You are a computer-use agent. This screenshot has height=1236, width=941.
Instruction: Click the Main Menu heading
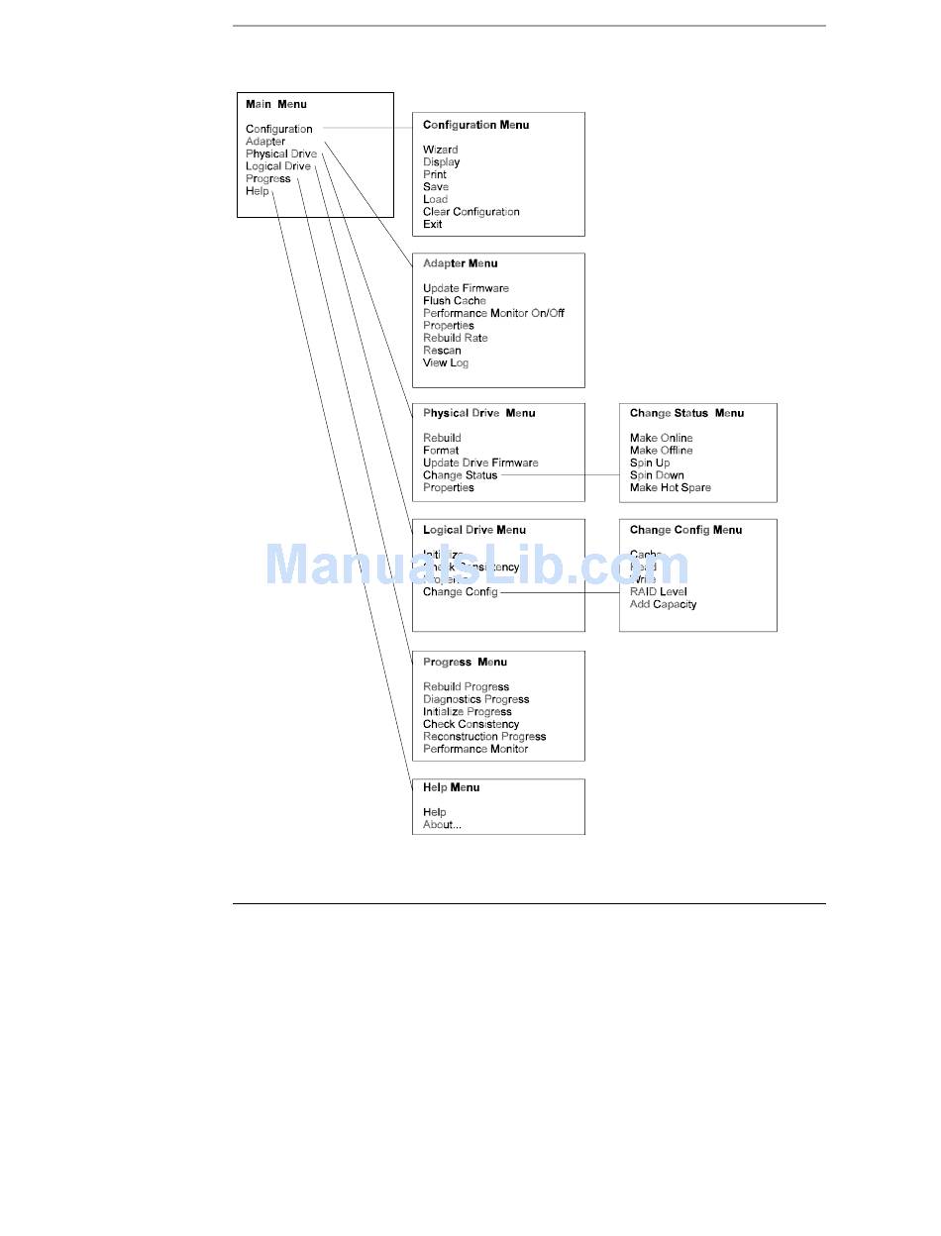[276, 104]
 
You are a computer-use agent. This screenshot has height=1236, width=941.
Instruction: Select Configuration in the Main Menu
[279, 129]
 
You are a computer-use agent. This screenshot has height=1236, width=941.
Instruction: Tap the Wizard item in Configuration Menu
[440, 150]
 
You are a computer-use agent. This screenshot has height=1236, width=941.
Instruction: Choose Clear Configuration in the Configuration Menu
[470, 211]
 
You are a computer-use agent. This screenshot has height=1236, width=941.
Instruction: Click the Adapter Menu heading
[460, 263]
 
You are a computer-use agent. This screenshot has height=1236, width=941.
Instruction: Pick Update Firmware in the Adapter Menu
[466, 288]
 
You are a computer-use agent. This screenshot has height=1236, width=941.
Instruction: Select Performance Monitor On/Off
[493, 313]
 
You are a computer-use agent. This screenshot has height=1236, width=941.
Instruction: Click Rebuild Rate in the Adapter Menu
[455, 338]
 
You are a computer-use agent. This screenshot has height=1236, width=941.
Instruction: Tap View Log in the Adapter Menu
[446, 362]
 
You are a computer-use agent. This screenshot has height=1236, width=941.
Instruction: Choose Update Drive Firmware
[480, 463]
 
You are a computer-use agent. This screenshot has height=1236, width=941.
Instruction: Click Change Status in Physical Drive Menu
[460, 475]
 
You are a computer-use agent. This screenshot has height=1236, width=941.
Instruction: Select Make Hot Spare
[670, 487]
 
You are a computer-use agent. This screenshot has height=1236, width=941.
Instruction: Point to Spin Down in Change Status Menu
[657, 475]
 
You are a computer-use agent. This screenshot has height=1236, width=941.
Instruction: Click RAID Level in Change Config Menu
[658, 592]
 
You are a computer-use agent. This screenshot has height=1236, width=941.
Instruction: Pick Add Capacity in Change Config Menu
[663, 604]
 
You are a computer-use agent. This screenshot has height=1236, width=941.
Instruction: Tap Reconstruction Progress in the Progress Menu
[484, 736]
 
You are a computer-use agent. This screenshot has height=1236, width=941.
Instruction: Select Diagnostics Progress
[475, 699]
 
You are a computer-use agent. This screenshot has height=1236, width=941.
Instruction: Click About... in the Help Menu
[442, 824]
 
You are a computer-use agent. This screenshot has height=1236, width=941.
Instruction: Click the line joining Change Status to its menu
[560, 475]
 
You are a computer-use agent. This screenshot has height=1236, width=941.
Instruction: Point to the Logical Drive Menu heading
[474, 530]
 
